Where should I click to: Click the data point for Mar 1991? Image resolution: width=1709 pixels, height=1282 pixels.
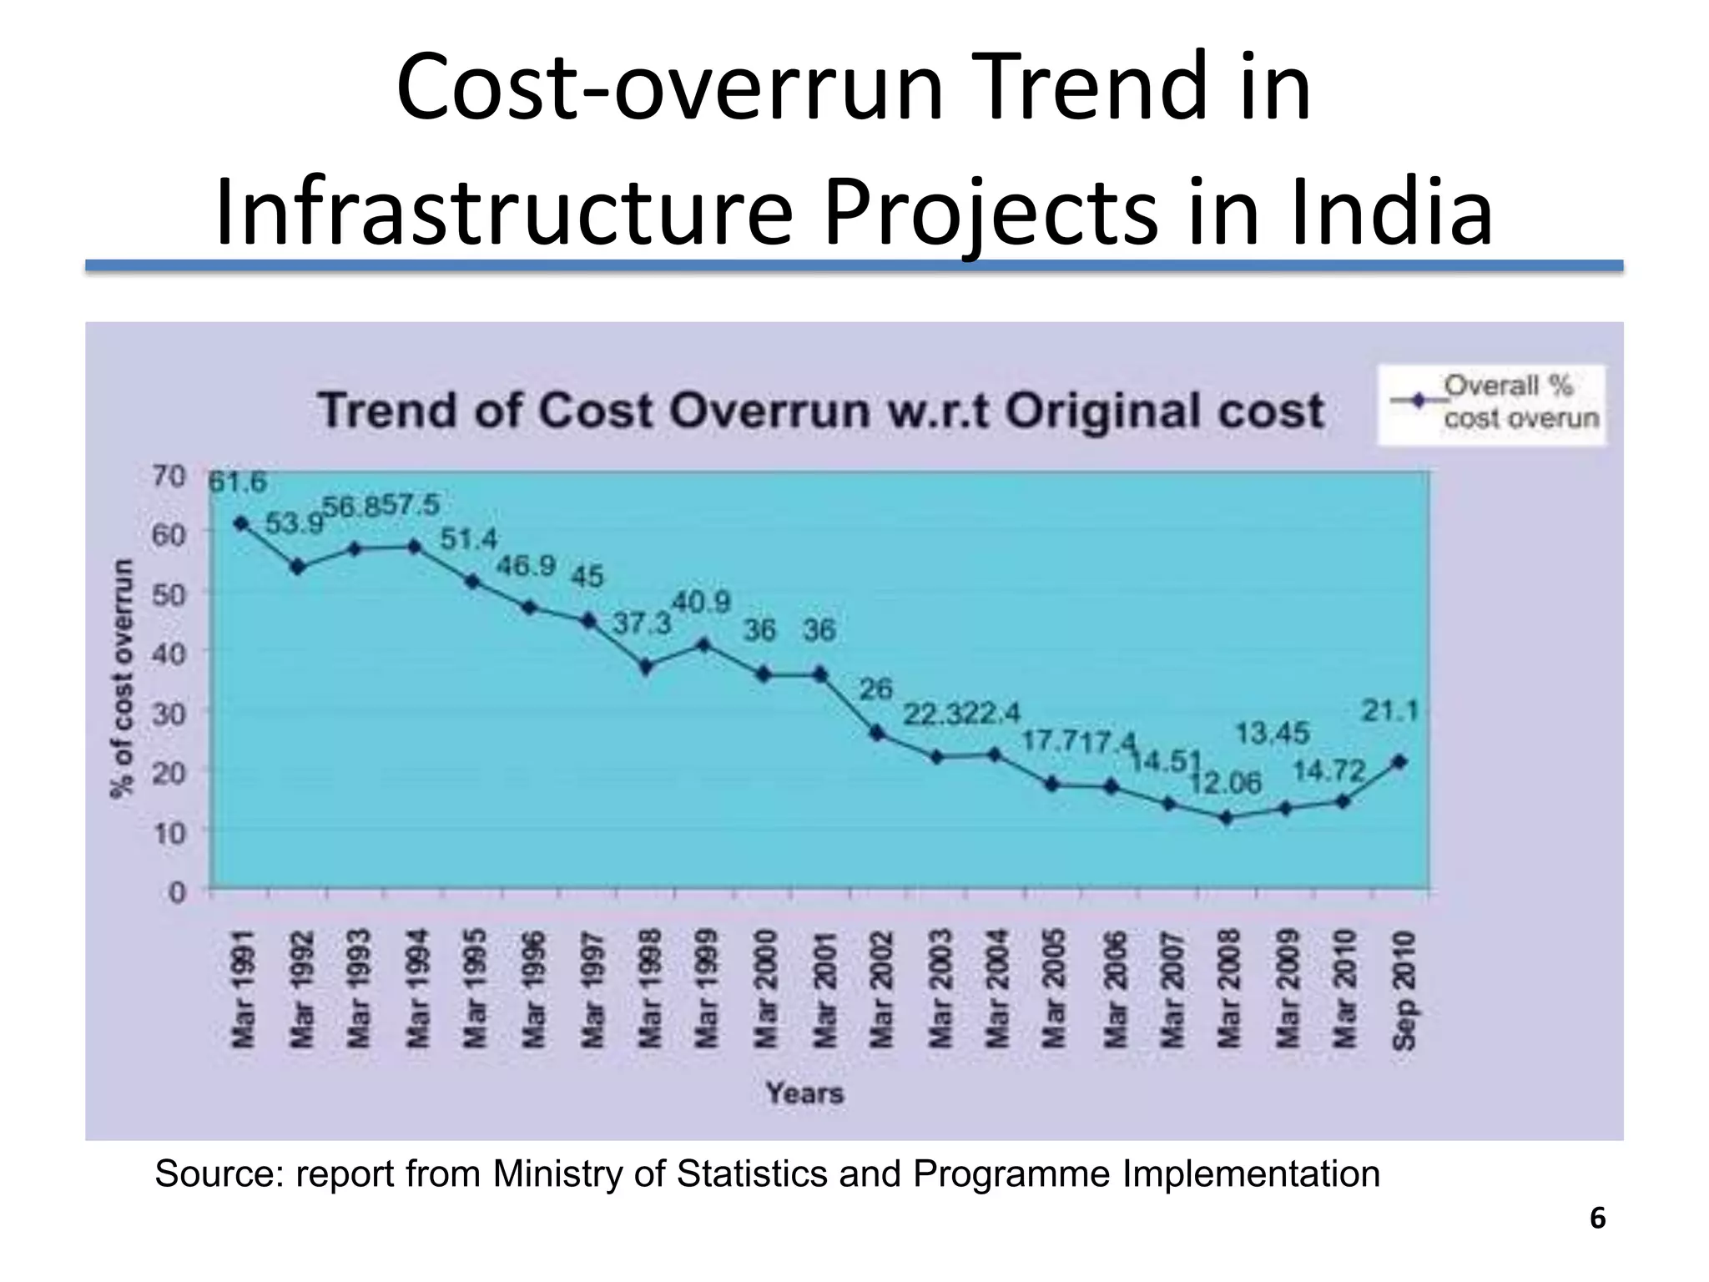241,523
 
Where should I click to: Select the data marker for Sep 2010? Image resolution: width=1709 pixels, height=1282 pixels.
1400,761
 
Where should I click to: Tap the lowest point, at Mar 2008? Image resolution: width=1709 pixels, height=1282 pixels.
1226,818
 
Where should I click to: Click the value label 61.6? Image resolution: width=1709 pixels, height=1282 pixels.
237,482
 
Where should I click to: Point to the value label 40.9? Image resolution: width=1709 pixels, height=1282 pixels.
702,602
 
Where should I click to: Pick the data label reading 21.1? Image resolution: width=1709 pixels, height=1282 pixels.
1390,711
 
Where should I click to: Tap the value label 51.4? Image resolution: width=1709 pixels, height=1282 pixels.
468,539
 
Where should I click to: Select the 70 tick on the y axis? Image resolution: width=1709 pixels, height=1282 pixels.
169,477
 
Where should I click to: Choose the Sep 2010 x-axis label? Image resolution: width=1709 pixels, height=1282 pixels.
1404,990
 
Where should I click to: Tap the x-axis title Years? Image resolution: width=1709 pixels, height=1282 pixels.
804,1093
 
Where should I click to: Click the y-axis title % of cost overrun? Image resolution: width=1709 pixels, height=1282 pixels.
123,678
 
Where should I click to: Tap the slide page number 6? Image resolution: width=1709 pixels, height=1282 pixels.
1597,1219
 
